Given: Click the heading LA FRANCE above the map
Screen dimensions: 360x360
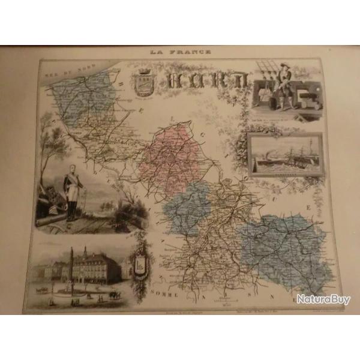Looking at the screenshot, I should tap(181, 52).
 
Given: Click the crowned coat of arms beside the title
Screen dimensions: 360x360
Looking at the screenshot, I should tap(144, 83).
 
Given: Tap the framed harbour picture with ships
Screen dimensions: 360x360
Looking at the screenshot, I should tap(285, 155).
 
